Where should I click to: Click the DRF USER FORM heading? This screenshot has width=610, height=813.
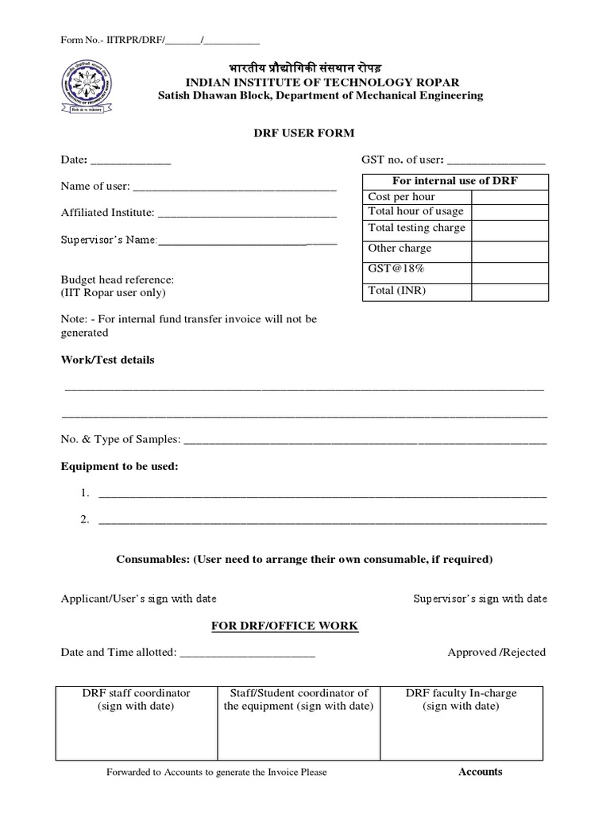[x=304, y=133]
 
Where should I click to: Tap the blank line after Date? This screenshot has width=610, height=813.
[x=131, y=162]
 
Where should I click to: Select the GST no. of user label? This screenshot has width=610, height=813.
[x=403, y=160]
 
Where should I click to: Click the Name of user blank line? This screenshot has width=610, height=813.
[x=234, y=189]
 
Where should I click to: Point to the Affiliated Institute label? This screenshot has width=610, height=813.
[x=107, y=213]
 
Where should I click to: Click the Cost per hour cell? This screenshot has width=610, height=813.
[x=401, y=196]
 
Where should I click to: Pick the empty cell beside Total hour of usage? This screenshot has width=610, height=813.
[x=509, y=211]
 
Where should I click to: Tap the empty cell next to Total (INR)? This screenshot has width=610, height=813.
[x=509, y=291]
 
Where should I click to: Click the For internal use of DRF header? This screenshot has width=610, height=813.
[x=455, y=181]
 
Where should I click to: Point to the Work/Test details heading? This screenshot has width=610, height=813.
[x=108, y=360]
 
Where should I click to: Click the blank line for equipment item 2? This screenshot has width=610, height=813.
[x=322, y=522]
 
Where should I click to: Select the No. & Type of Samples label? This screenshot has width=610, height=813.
[x=121, y=439]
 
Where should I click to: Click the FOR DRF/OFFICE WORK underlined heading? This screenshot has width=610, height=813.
[x=284, y=626]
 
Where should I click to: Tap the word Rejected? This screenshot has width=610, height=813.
[x=524, y=652]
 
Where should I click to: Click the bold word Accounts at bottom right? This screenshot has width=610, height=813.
[x=481, y=772]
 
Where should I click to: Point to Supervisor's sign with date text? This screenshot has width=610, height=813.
[x=480, y=599]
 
